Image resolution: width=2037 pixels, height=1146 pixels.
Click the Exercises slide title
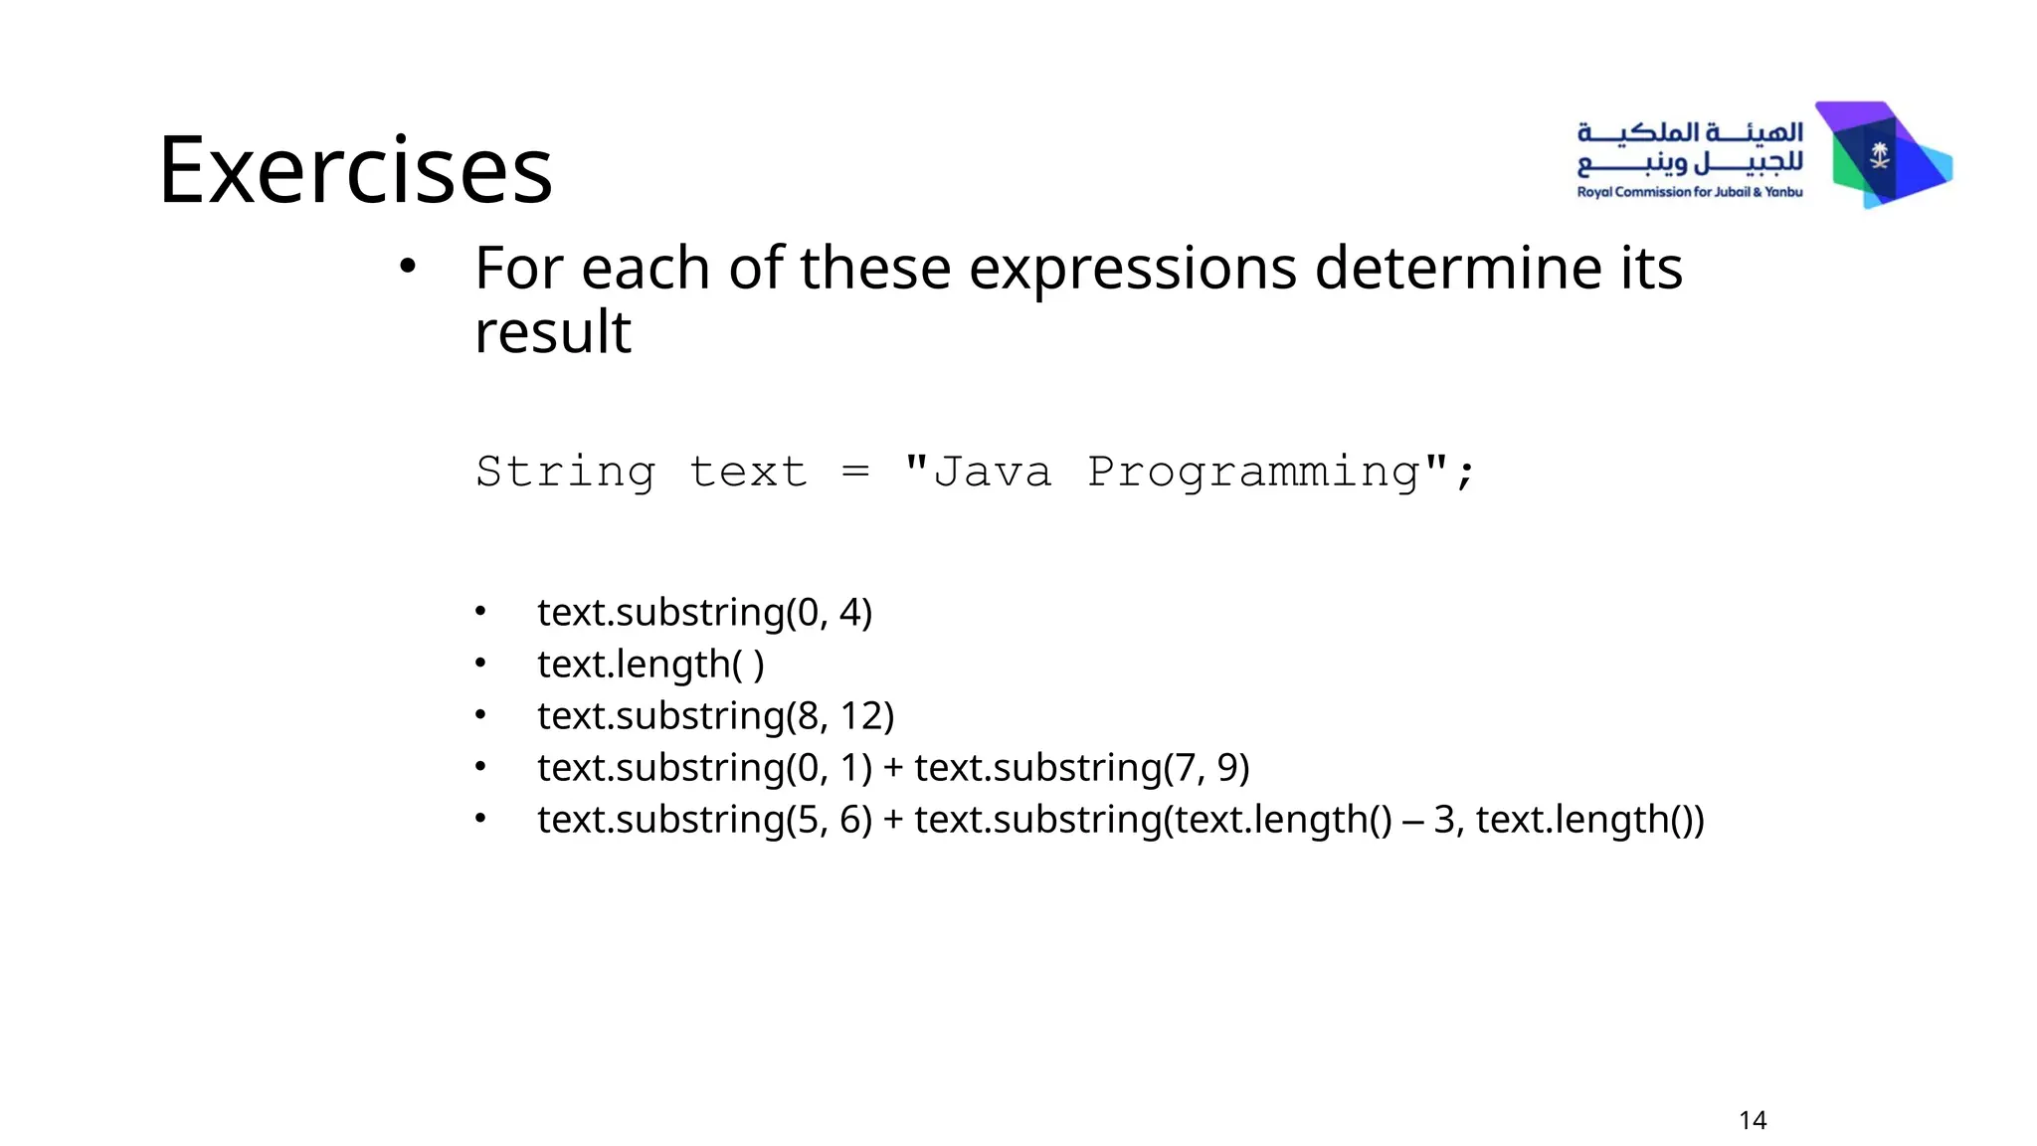[355, 170]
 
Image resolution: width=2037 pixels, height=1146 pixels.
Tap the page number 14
[1753, 1120]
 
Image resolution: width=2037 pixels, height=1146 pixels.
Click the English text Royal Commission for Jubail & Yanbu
[1689, 192]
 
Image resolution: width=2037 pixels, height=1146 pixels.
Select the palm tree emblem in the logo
[1879, 155]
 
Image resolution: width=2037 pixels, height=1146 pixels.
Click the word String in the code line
[565, 472]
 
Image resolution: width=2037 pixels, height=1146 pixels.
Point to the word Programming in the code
[1253, 472]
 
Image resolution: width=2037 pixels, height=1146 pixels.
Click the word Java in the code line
[992, 472]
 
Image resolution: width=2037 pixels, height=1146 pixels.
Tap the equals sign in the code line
[855, 472]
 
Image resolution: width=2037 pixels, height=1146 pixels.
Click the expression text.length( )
[650, 665]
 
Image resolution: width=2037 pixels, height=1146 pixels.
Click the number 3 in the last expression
[1444, 820]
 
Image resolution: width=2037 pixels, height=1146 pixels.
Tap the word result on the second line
[553, 331]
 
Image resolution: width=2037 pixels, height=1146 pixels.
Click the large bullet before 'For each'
[407, 267]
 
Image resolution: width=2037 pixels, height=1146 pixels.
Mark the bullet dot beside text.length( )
[480, 663]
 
